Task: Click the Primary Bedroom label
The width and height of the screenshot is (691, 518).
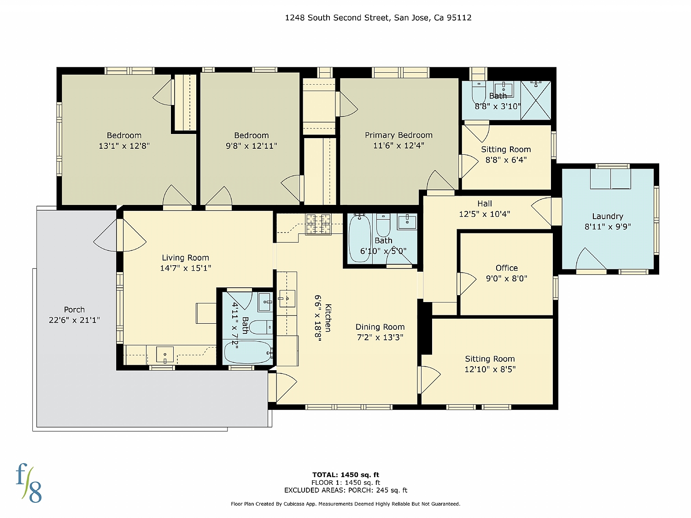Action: coord(398,135)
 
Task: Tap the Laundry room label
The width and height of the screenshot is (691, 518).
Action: coord(608,216)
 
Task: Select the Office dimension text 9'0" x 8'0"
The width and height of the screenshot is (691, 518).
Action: coord(506,278)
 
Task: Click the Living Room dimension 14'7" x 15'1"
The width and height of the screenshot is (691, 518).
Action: coord(185,268)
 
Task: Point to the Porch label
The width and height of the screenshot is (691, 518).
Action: coord(74,309)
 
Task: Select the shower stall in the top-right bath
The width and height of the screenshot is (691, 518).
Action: coord(535,100)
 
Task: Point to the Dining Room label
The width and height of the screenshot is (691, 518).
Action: coord(380,327)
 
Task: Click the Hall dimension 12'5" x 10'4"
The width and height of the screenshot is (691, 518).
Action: coord(484,214)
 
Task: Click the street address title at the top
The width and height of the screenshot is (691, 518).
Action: coord(378,17)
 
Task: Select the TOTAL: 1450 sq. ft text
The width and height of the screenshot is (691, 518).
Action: coord(345,475)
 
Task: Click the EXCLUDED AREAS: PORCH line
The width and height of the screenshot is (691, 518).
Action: coord(345,490)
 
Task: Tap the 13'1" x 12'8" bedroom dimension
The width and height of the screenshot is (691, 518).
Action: coord(124,146)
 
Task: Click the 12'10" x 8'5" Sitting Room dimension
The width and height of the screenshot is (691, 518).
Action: coord(490,369)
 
